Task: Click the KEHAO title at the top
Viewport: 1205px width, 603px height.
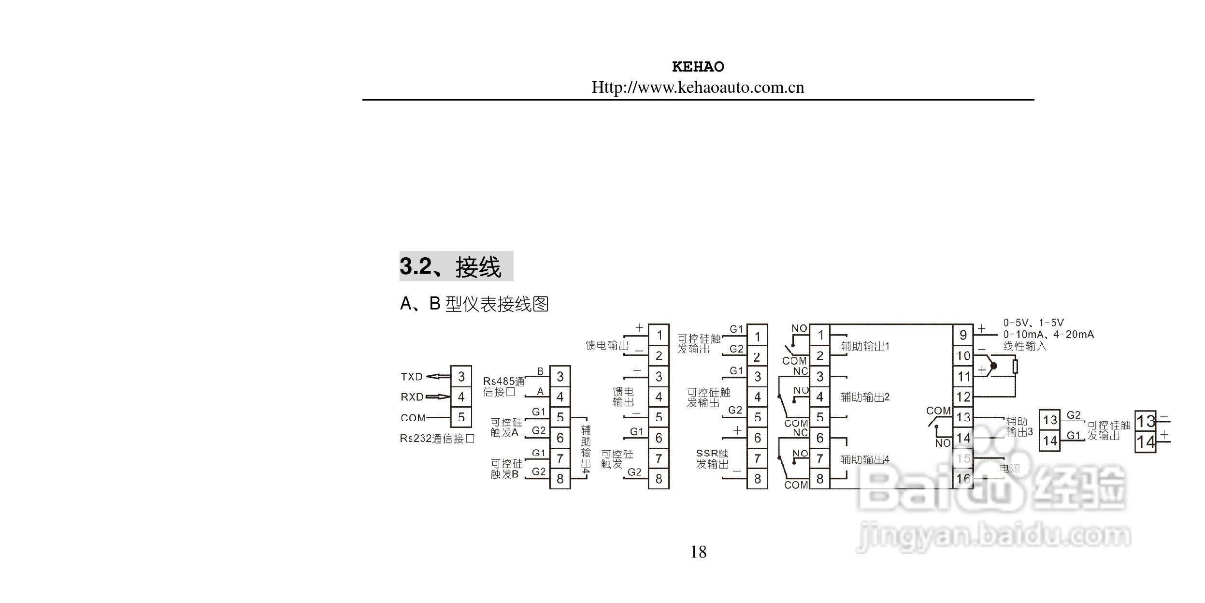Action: pos(698,67)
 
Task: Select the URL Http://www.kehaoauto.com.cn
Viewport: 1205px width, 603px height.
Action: pos(698,88)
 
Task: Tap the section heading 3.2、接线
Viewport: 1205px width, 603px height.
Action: pos(456,266)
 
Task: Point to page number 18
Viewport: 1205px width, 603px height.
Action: pos(698,552)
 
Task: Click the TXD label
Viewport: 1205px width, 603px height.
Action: pos(412,377)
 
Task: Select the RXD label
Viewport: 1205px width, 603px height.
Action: pos(412,397)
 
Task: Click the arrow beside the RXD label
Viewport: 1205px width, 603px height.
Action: pos(437,397)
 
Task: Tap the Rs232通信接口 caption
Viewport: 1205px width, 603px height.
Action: pos(437,439)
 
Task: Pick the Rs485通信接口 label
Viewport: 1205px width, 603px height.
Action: pos(503,387)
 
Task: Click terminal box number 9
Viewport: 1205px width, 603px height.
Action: pos(963,335)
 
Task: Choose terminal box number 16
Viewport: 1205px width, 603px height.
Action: pos(963,479)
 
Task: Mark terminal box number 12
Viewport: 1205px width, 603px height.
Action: pos(963,397)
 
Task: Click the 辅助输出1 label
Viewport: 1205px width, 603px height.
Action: pos(865,346)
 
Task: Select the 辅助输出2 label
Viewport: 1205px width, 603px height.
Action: pos(865,397)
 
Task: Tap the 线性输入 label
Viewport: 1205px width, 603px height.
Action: pos(1024,346)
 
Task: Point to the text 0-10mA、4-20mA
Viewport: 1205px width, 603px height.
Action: pos(1048,335)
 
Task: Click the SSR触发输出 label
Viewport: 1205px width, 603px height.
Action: pos(712,459)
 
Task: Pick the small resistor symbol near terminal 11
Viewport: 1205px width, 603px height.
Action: pos(1015,367)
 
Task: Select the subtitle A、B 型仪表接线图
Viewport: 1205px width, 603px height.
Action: pos(474,304)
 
